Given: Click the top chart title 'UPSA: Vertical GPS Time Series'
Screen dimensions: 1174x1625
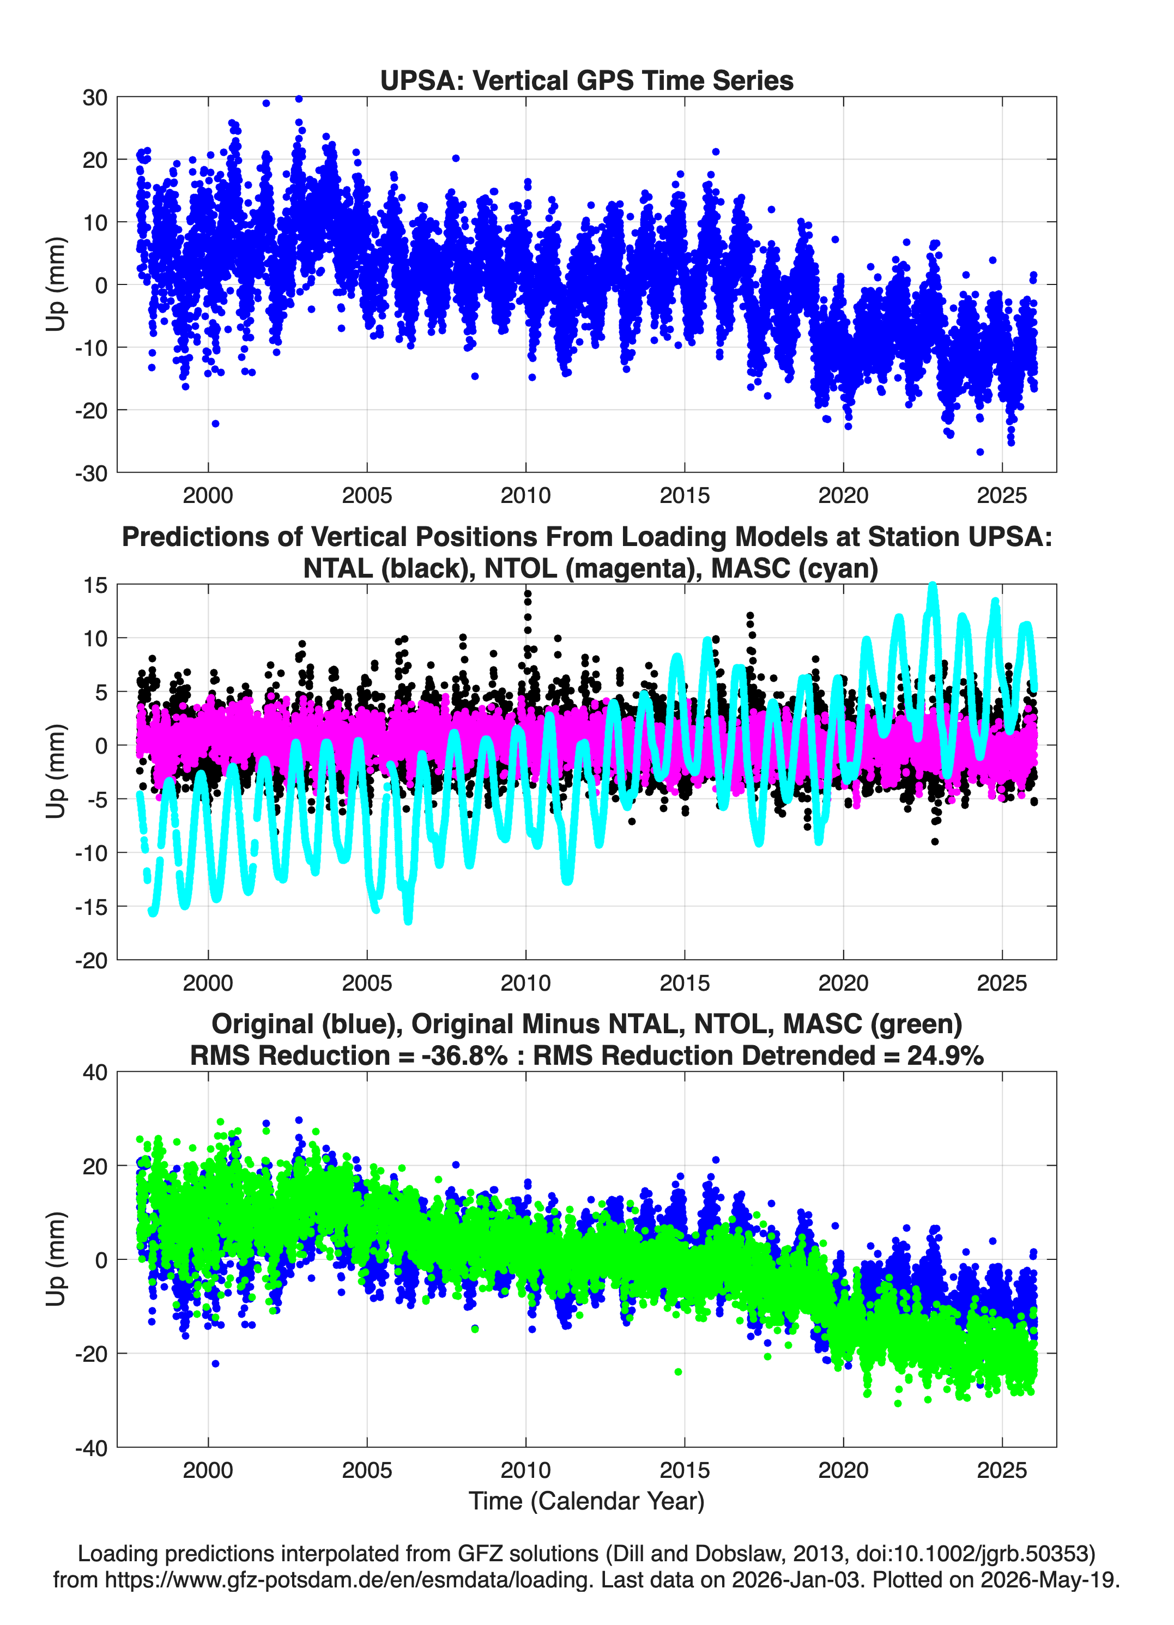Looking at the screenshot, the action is pos(586,80).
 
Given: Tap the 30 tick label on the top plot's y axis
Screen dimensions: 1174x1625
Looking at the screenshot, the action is pos(95,98).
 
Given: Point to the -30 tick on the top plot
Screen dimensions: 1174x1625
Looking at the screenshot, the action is pos(91,473).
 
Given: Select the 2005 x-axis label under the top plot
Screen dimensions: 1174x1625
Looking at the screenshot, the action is pos(367,495).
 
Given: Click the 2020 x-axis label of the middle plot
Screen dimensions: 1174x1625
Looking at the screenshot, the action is pos(843,983).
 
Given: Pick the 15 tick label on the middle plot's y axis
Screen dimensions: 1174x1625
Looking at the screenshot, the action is pos(95,585).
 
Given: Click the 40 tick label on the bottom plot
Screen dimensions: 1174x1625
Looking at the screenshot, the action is pos(95,1072).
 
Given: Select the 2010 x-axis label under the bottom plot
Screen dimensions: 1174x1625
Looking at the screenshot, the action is pos(525,1470).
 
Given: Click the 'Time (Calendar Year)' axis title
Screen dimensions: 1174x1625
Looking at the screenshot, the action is pos(586,1501).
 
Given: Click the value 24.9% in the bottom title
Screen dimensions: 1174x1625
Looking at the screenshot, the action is pos(945,1056).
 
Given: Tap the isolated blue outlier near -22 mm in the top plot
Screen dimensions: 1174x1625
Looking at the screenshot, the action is pos(216,423).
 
